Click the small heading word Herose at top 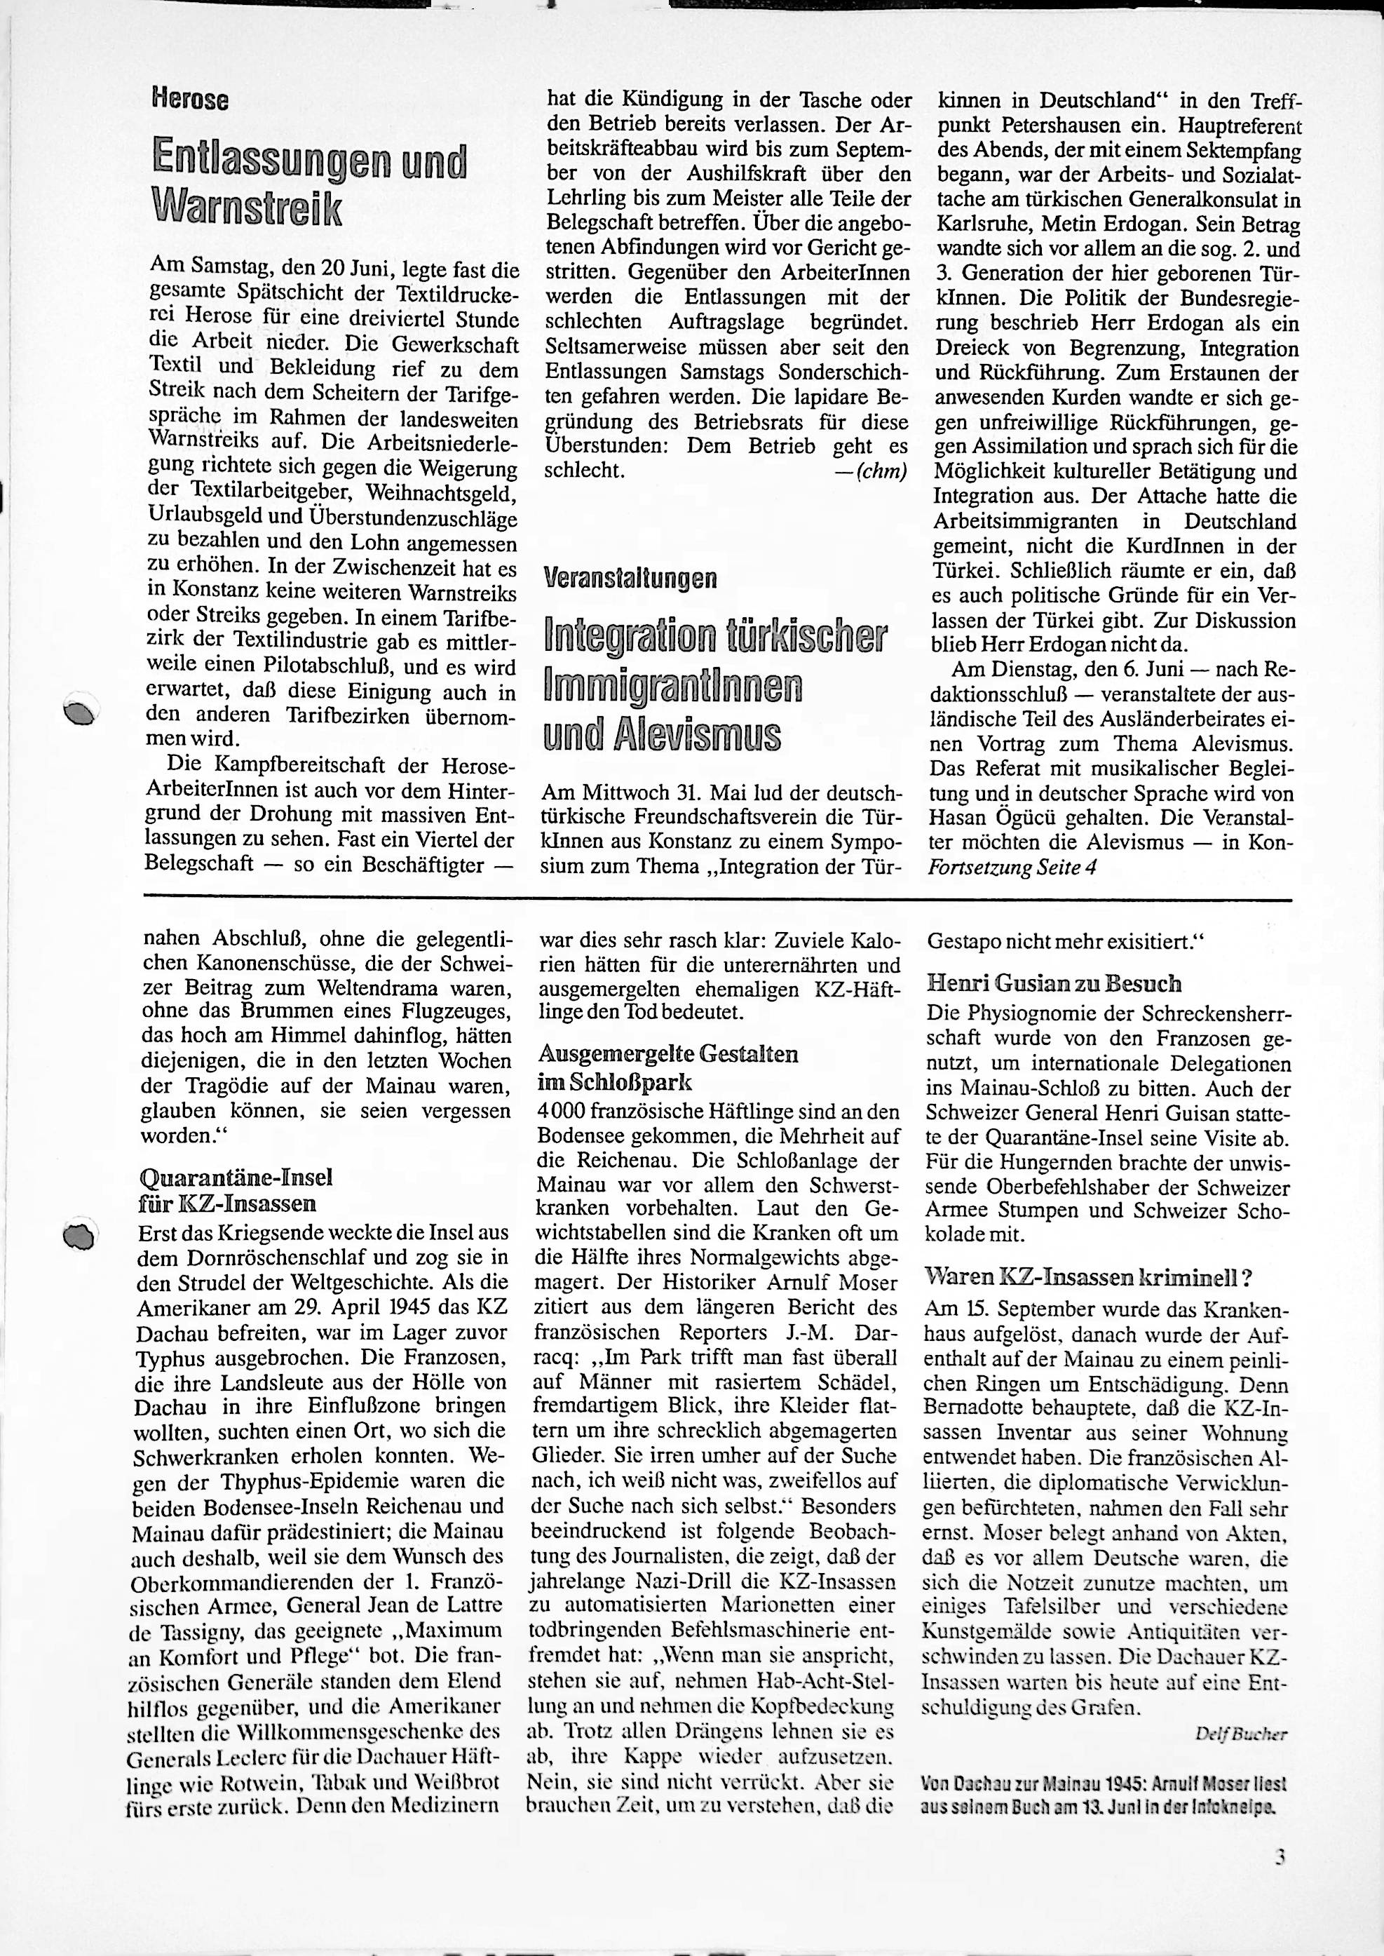point(190,100)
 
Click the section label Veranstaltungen point(630,579)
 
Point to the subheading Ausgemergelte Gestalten point(668,1054)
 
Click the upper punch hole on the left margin point(82,713)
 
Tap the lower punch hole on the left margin point(80,1235)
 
